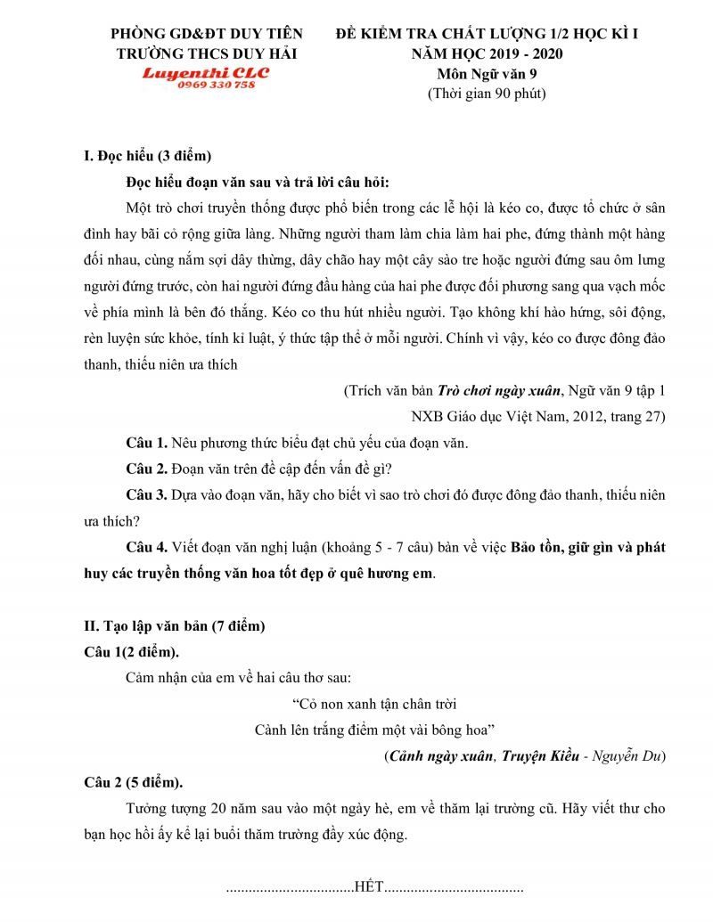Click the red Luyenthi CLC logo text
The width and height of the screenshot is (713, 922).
(206, 72)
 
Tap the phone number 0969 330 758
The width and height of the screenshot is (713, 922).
(217, 85)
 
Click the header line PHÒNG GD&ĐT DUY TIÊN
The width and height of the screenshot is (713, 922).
(206, 34)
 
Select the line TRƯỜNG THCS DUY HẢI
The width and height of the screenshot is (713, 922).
(207, 53)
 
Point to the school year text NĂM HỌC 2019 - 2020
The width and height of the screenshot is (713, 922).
(487, 53)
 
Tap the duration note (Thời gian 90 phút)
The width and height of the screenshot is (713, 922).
(487, 93)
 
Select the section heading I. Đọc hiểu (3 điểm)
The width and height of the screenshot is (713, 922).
(146, 158)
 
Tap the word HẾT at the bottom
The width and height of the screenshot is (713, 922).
(369, 887)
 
